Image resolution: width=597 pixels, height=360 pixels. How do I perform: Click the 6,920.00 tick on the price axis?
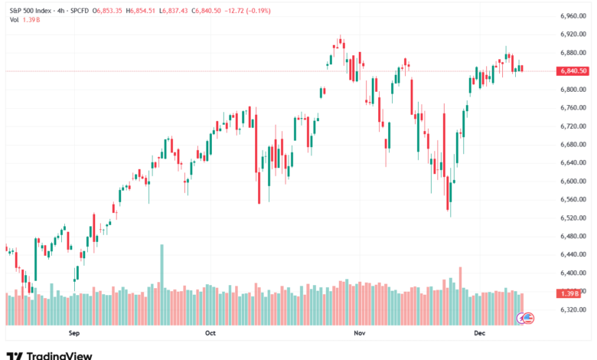coord(573,34)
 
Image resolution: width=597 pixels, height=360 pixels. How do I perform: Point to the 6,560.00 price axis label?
coord(573,200)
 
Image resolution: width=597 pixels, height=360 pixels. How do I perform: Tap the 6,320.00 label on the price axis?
coord(573,310)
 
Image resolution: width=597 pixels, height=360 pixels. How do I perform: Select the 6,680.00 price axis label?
coord(573,145)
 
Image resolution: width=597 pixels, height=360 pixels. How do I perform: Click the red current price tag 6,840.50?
coord(573,71)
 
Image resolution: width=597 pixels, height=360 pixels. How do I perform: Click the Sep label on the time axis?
coord(74,333)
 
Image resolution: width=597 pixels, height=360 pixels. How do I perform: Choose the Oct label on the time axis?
coord(211,333)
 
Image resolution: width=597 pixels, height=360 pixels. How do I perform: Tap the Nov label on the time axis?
coord(357,333)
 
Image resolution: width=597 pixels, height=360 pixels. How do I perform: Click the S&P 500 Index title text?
coord(35,11)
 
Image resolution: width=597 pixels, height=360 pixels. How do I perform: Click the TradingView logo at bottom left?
coord(49,355)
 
